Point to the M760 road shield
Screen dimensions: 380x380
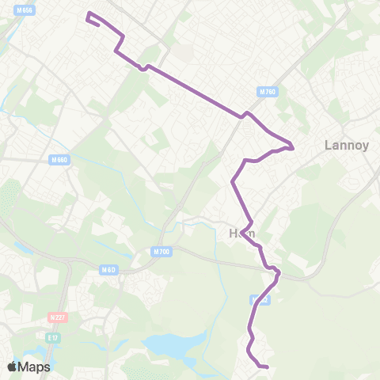(268, 92)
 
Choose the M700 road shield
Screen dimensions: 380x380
(160, 252)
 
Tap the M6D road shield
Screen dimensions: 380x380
(108, 270)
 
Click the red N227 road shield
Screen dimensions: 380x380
(56, 317)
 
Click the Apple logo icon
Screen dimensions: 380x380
(13, 367)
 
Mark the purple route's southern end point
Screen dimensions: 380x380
(268, 367)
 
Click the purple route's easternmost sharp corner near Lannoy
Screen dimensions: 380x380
(293, 147)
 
